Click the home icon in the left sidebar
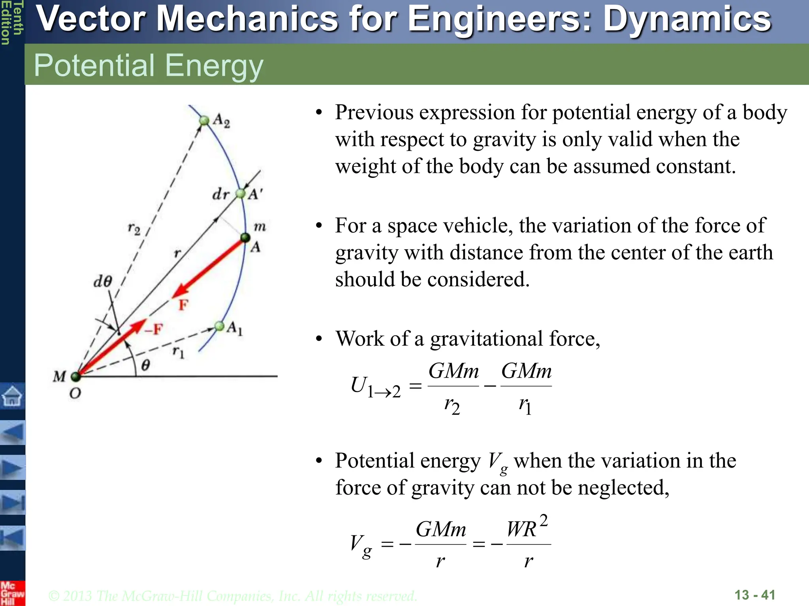click(12, 396)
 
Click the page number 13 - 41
click(754, 595)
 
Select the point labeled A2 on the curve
click(204, 120)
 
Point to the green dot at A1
click(220, 326)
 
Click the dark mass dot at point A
click(245, 238)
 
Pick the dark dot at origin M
click(76, 376)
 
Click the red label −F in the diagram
click(153, 329)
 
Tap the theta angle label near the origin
click(146, 365)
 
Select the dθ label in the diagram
click(103, 281)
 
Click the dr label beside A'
click(220, 194)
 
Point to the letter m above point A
click(260, 226)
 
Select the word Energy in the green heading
click(214, 65)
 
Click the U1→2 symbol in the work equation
click(375, 387)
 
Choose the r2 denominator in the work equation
click(452, 406)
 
